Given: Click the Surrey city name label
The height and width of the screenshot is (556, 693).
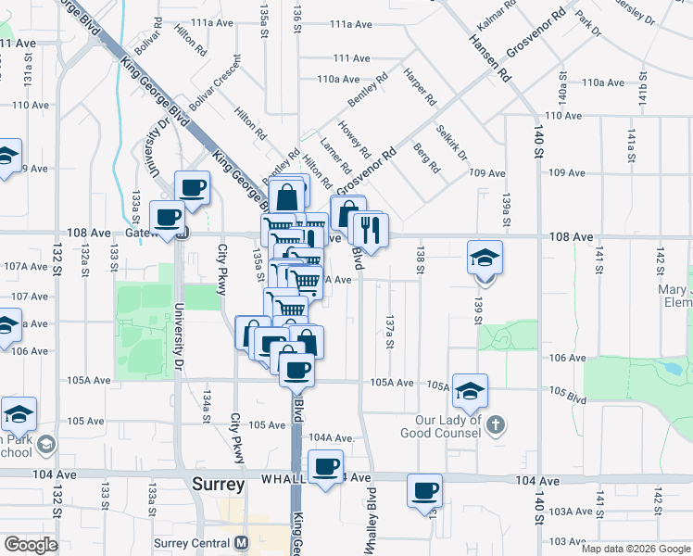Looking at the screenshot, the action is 219,485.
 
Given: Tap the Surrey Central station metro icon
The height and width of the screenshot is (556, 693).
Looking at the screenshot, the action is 242,542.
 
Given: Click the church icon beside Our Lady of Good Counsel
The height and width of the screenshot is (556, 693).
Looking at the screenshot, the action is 496,425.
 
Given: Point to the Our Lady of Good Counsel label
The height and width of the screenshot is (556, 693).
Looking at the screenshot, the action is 438,425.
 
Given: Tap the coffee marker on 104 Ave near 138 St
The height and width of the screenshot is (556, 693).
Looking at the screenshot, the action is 425,490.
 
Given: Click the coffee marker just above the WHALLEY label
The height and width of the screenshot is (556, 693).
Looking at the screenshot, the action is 324,467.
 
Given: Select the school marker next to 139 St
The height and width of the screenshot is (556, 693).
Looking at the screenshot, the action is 485,258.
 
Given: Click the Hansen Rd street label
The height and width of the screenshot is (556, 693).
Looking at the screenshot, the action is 490,57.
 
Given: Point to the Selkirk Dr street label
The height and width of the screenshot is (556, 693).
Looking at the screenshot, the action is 451,141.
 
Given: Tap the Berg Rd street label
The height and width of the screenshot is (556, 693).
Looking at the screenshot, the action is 427,159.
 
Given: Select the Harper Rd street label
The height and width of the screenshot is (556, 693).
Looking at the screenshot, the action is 420,85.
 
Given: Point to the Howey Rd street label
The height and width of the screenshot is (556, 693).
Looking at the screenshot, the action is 354,139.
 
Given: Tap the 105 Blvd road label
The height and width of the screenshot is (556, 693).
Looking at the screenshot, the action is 568,395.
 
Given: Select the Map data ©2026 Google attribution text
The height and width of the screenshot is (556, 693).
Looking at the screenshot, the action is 636,549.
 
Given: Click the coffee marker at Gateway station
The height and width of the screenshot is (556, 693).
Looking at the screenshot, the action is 167,219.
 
